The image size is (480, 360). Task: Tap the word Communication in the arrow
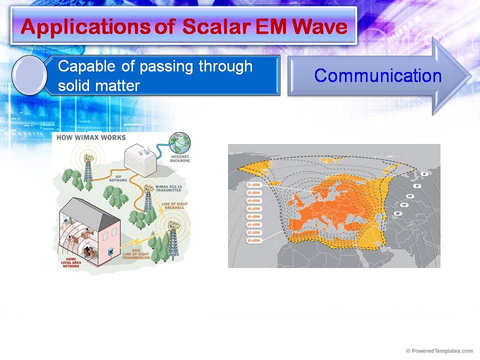[378, 75]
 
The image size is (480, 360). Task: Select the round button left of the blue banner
[29, 76]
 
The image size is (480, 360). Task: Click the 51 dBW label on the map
[253, 185]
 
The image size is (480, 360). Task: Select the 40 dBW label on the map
[253, 240]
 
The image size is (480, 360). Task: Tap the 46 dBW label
[253, 216]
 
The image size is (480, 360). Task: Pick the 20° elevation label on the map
[398, 213]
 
